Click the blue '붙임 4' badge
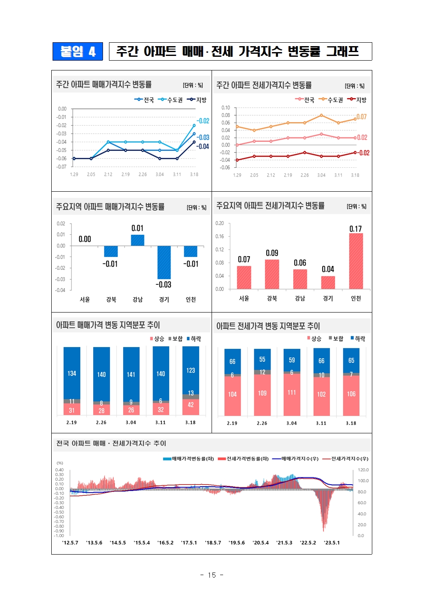78,52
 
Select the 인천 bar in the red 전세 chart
356,261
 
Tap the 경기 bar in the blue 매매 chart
164,262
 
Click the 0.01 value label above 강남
137,228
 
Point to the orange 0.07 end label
362,117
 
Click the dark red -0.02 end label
364,153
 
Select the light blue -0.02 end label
203,121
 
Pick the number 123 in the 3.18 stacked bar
191,370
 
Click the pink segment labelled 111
291,393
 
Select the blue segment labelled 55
262,359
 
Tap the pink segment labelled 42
191,405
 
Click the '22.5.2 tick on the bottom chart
308,543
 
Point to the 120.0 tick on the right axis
363,470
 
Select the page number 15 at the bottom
212,575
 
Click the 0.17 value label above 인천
356,229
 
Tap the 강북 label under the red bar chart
272,298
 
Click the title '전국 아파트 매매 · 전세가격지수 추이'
111,444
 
